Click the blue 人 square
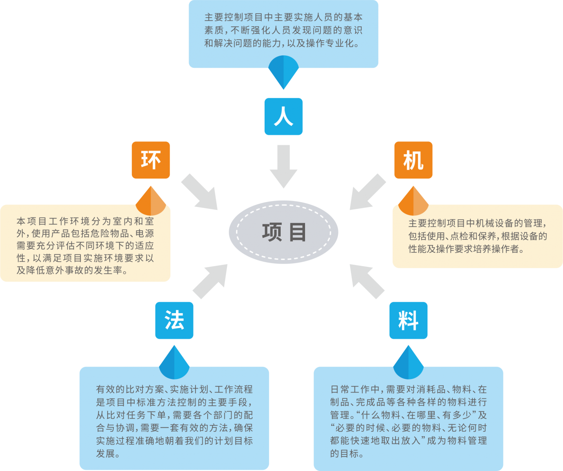pyautogui.click(x=283, y=117)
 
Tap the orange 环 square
pyautogui.click(x=151, y=160)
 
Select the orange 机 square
pyautogui.click(x=413, y=160)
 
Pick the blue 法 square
pyautogui.click(x=174, y=320)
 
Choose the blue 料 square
pyautogui.click(x=408, y=320)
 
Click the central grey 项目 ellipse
pyautogui.click(x=283, y=232)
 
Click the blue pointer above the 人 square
pyautogui.click(x=283, y=71)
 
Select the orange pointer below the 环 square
pyautogui.click(x=151, y=201)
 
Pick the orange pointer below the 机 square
pyautogui.click(x=413, y=201)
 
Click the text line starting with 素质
pyautogui.click(x=283, y=30)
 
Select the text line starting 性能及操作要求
pyautogui.click(x=466, y=249)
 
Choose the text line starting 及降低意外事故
pyautogui.click(x=72, y=270)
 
